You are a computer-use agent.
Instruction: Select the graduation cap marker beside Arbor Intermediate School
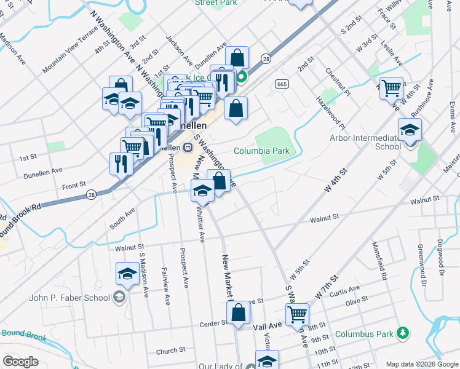(x=410, y=130)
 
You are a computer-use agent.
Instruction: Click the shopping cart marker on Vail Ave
(x=298, y=314)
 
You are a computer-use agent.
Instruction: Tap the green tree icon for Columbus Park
(x=403, y=333)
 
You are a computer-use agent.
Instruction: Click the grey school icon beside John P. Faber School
(x=119, y=298)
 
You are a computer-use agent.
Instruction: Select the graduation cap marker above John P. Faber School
(x=127, y=274)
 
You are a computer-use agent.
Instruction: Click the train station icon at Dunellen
(x=188, y=148)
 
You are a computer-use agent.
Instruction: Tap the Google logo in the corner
(x=20, y=361)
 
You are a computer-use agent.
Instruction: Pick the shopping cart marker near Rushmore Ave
(x=391, y=89)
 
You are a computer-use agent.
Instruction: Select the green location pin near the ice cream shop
(x=242, y=77)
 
